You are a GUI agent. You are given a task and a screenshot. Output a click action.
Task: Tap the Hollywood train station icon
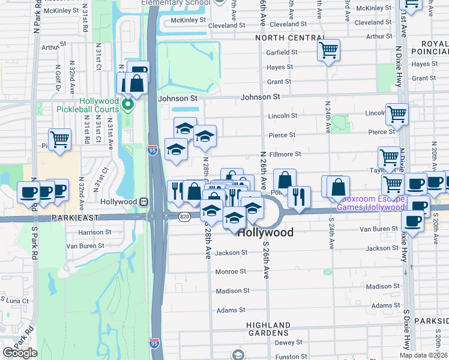click(x=144, y=202)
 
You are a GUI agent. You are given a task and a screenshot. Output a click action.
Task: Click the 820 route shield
click(x=185, y=215)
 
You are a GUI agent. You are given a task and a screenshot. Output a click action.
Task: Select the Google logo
click(x=20, y=353)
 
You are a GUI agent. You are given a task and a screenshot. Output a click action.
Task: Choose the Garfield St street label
click(x=282, y=52)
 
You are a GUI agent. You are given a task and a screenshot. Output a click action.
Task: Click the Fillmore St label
click(x=285, y=154)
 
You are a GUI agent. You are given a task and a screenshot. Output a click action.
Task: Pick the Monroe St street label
click(x=228, y=272)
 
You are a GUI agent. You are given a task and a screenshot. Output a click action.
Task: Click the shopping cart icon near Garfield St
click(x=328, y=50)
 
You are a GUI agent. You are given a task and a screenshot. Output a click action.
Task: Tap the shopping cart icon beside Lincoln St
click(x=397, y=113)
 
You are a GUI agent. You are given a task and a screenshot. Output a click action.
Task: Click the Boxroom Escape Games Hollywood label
click(x=370, y=203)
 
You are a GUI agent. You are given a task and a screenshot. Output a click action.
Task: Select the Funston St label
click(x=287, y=356)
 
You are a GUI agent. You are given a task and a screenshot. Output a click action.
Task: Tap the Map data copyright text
click(x=424, y=355)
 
